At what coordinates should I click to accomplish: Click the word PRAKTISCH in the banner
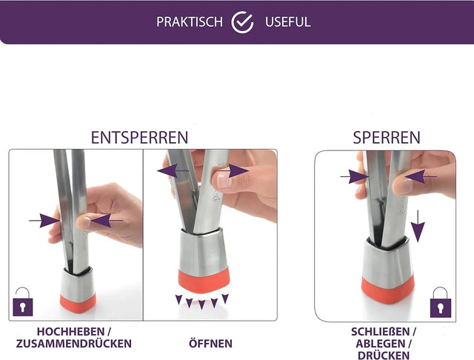190,22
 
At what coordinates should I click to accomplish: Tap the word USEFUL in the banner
288,22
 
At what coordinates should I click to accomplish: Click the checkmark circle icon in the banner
242,22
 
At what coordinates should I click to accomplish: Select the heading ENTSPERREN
139,138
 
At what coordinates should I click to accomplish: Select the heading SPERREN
387,138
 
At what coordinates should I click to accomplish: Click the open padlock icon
23,301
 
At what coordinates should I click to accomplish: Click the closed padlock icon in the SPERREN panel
441,302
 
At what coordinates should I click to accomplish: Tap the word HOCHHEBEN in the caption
71,332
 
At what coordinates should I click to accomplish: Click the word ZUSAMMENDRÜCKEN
74,344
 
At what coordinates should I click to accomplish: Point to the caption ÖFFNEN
210,344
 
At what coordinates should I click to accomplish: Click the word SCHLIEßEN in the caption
380,332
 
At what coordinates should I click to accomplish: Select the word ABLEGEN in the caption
380,344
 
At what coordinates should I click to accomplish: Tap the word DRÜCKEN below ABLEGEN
384,355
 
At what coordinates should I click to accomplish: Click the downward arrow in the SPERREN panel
418,226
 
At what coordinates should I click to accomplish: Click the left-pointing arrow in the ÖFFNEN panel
173,171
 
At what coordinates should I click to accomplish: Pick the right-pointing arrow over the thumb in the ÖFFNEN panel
233,171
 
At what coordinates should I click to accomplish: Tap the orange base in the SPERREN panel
388,290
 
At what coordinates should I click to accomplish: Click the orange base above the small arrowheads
204,281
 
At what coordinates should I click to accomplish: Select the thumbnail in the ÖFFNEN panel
224,181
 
